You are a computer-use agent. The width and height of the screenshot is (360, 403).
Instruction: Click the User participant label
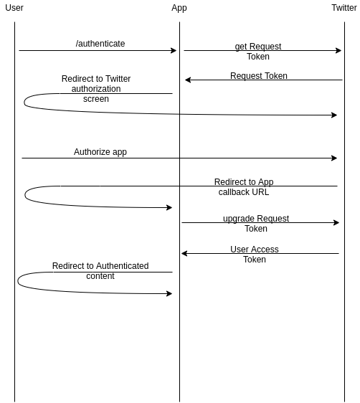tap(14, 8)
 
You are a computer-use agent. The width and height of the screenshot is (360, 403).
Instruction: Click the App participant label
tap(179, 8)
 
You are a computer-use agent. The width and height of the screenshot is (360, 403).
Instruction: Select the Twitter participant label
tap(344, 8)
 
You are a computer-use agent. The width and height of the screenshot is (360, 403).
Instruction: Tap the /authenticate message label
tap(100, 44)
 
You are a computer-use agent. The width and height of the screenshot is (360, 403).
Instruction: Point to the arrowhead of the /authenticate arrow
tap(174, 50)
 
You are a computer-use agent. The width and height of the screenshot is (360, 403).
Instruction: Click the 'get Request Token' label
tap(258, 52)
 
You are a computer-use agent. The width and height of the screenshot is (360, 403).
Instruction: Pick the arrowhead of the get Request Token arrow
tap(338, 50)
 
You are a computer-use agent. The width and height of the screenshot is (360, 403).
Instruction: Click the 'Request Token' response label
tap(259, 76)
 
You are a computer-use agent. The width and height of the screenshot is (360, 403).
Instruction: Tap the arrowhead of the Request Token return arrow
tap(188, 80)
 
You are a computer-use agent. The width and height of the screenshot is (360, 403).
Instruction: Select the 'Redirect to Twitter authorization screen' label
tap(96, 89)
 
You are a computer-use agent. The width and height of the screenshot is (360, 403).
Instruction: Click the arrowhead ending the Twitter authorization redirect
tap(334, 115)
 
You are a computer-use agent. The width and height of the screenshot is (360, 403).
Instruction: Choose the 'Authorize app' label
tap(100, 152)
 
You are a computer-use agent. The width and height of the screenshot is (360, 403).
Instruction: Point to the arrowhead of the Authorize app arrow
tap(334, 158)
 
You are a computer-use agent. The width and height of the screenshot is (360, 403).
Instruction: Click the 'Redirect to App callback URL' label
tap(244, 187)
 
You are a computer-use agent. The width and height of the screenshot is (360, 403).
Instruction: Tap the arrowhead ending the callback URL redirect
tap(169, 207)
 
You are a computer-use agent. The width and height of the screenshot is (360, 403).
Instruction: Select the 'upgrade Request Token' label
tap(256, 223)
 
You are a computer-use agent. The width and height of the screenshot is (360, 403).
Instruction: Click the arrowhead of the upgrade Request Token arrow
tap(336, 222)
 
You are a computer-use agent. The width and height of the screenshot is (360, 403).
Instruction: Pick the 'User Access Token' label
tap(255, 254)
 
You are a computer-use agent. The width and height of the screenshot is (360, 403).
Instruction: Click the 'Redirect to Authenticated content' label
tap(100, 270)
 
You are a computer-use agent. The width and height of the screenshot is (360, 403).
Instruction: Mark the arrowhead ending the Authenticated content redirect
tap(169, 293)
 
